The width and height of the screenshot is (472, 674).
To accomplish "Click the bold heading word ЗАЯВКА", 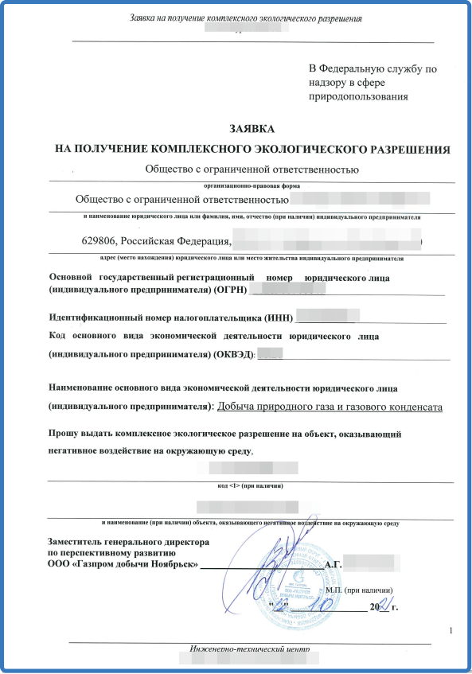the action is pyautogui.click(x=252, y=129).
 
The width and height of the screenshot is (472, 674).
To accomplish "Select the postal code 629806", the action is pyautogui.click(x=99, y=240).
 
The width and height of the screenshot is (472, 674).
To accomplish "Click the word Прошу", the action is pyautogui.click(x=65, y=434).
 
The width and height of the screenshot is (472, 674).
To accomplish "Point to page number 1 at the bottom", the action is pyautogui.click(x=451, y=630).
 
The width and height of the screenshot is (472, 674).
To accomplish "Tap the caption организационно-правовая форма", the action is pyautogui.click(x=251, y=184).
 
